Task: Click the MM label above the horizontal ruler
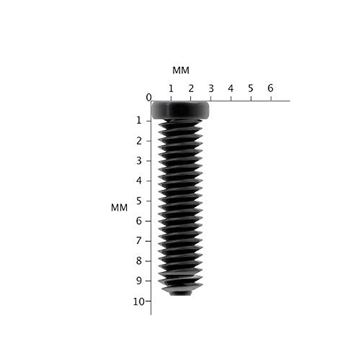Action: coord(181,70)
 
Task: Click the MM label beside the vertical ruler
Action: coord(119,208)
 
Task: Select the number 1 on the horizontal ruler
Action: coord(171,88)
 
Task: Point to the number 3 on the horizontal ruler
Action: coord(211,88)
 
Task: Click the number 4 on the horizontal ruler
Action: coord(230,88)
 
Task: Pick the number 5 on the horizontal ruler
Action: coord(250,88)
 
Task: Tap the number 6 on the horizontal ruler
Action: coord(270,88)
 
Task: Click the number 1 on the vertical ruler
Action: coord(139,121)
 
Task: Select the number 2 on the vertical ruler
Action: coord(139,141)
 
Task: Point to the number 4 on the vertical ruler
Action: coord(139,181)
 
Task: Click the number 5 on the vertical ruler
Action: coord(139,201)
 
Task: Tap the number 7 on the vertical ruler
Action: coord(139,241)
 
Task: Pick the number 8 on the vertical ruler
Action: coord(139,261)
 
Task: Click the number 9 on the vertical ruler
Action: coord(139,281)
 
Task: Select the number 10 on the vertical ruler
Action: coord(139,301)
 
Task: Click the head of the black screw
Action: coord(180,110)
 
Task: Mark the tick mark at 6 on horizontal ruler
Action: coord(271,99)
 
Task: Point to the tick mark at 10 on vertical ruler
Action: coord(148,301)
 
